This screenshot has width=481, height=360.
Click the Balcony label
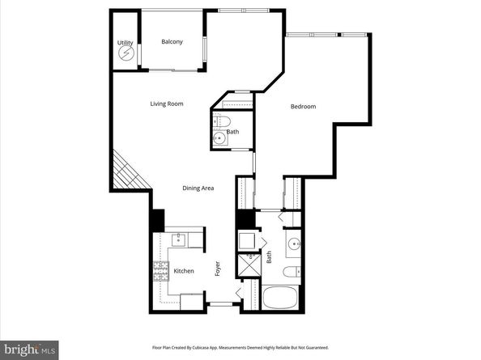click(x=171, y=42)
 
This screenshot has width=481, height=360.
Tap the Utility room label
click(x=125, y=42)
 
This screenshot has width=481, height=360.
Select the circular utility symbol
click(x=126, y=54)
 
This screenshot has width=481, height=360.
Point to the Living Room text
click(x=166, y=104)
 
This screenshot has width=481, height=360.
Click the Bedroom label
click(x=303, y=107)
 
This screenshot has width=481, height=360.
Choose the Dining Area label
click(x=198, y=188)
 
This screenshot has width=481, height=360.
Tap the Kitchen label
click(x=183, y=271)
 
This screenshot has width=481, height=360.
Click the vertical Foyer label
click(x=217, y=269)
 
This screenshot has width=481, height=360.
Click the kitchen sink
click(x=181, y=240)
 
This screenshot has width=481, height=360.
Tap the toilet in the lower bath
click(x=293, y=270)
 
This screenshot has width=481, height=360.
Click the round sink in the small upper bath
click(x=219, y=140)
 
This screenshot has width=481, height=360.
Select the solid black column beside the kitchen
click(x=158, y=219)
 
